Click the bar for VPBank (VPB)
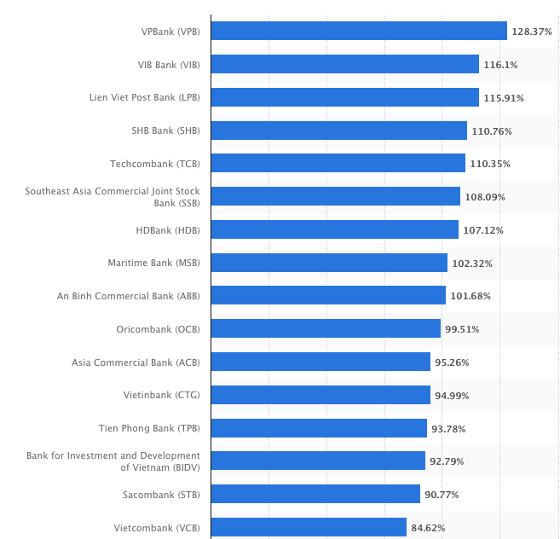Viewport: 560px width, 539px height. click(x=359, y=31)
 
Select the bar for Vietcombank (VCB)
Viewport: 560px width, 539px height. click(x=309, y=527)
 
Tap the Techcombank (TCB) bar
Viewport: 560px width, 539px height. click(x=338, y=163)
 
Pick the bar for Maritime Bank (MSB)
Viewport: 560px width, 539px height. click(x=329, y=263)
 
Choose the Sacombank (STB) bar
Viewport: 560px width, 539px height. click(x=315, y=494)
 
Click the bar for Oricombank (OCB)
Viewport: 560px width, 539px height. click(x=326, y=328)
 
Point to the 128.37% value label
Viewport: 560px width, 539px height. click(x=532, y=32)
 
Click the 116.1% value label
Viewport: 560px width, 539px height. click(x=500, y=65)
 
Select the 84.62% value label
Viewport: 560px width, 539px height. click(x=428, y=528)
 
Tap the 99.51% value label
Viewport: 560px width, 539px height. click(x=462, y=329)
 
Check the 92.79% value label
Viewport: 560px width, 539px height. click(x=447, y=461)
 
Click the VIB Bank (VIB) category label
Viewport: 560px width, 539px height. click(x=169, y=65)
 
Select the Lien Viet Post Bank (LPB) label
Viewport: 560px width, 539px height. click(x=145, y=97)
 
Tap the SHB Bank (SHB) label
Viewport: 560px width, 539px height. click(x=165, y=130)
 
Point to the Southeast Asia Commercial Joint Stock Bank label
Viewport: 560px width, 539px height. click(x=113, y=197)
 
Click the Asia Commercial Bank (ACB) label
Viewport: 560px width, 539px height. click(x=136, y=362)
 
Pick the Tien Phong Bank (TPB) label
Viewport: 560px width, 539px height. click(x=149, y=428)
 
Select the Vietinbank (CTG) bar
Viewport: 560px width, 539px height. click(x=320, y=395)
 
